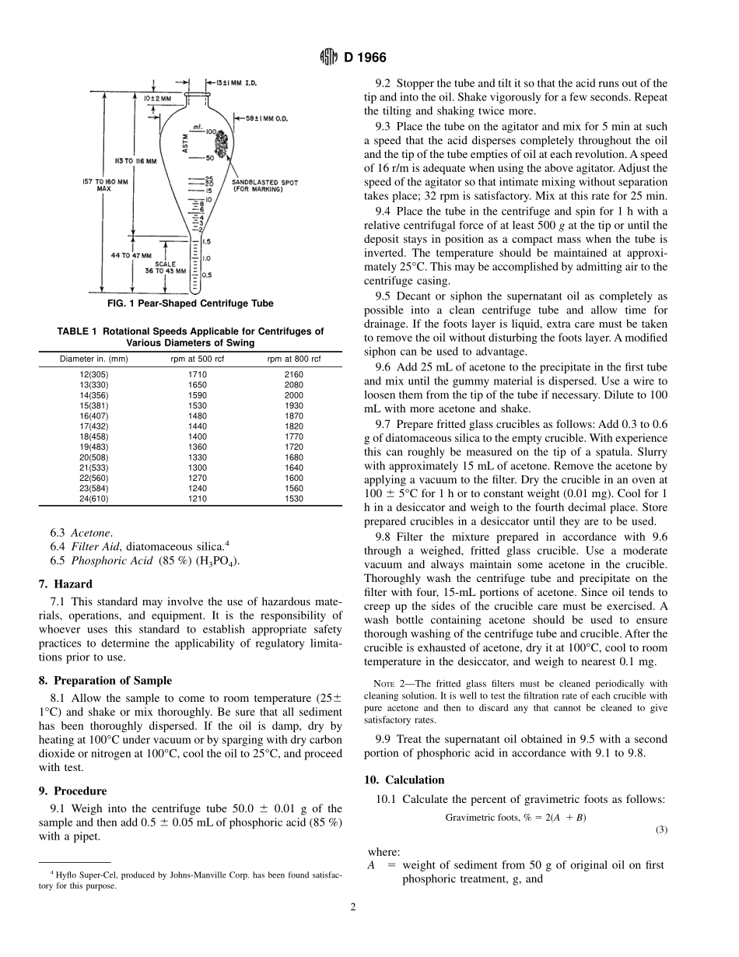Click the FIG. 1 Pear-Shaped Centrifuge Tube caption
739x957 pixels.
click(x=191, y=303)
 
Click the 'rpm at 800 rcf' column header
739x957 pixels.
click(x=294, y=359)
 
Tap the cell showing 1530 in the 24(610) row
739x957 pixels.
click(x=294, y=498)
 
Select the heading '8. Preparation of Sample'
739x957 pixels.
click(x=105, y=680)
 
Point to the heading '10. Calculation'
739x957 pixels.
click(x=405, y=780)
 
